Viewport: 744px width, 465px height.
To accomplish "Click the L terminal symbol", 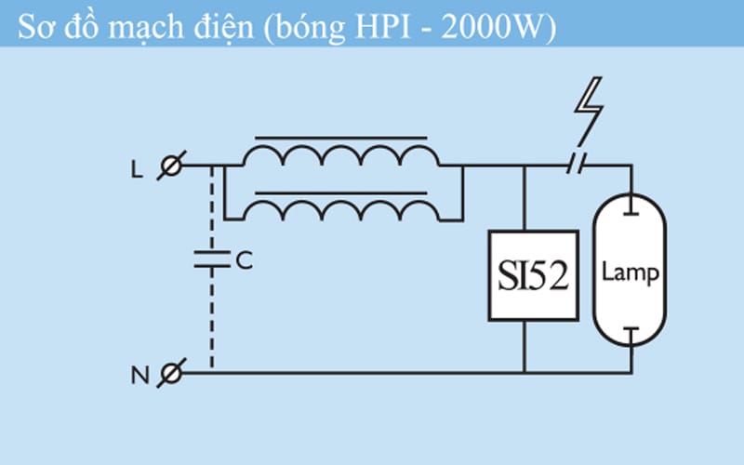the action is pyautogui.click(x=170, y=166).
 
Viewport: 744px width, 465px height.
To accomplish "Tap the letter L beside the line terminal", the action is pyautogui.click(x=138, y=167).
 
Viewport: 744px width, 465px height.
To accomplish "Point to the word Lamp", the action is pyautogui.click(x=631, y=272).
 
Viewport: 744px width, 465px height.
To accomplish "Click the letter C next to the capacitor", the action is pyautogui.click(x=245, y=261).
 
